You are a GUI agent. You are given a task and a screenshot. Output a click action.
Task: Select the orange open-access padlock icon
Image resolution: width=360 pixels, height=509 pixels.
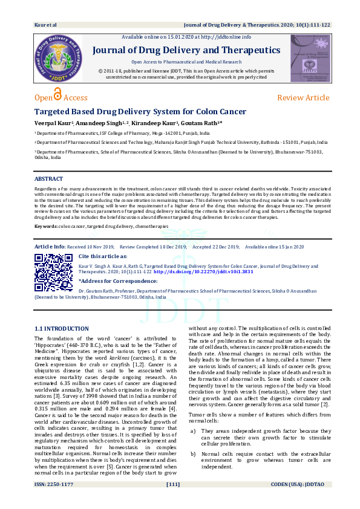tap(58, 95)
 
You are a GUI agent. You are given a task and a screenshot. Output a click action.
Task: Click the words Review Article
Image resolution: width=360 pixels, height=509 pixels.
tap(303, 98)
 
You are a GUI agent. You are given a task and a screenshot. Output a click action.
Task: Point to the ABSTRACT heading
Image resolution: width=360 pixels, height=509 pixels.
tap(48, 179)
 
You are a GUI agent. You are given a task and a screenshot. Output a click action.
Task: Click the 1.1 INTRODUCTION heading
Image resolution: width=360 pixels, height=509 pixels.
tap(62, 328)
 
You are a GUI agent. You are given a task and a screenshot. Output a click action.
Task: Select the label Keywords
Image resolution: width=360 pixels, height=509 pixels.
tap(46, 225)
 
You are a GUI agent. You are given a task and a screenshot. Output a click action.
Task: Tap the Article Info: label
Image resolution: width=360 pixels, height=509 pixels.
tap(50, 247)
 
